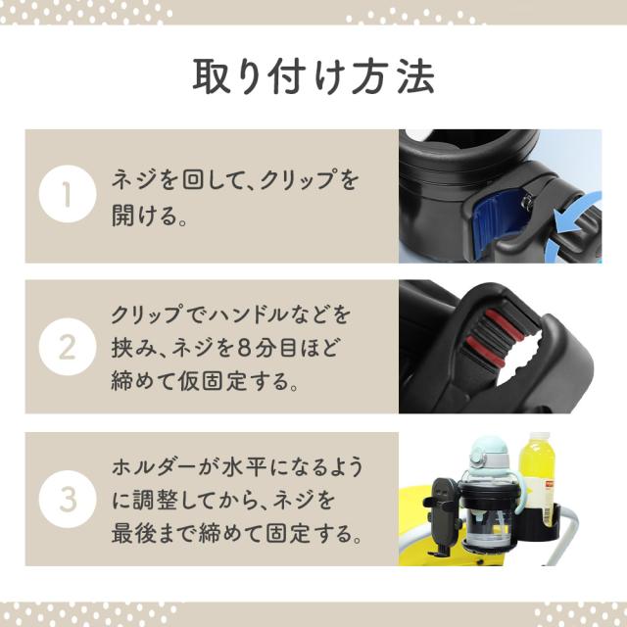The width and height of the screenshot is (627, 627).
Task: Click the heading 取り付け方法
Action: (x=313, y=76)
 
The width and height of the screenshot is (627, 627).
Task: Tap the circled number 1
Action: (x=68, y=194)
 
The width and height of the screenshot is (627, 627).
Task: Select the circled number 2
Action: (x=68, y=346)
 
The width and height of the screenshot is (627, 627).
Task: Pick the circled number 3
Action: (x=68, y=499)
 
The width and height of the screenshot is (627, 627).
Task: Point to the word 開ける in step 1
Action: (x=144, y=216)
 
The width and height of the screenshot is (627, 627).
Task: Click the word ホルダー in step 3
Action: (x=154, y=466)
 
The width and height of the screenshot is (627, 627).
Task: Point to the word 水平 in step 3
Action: (x=242, y=466)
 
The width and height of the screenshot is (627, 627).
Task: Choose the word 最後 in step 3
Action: (x=133, y=533)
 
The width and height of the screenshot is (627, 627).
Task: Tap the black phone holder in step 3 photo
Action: (x=444, y=516)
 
